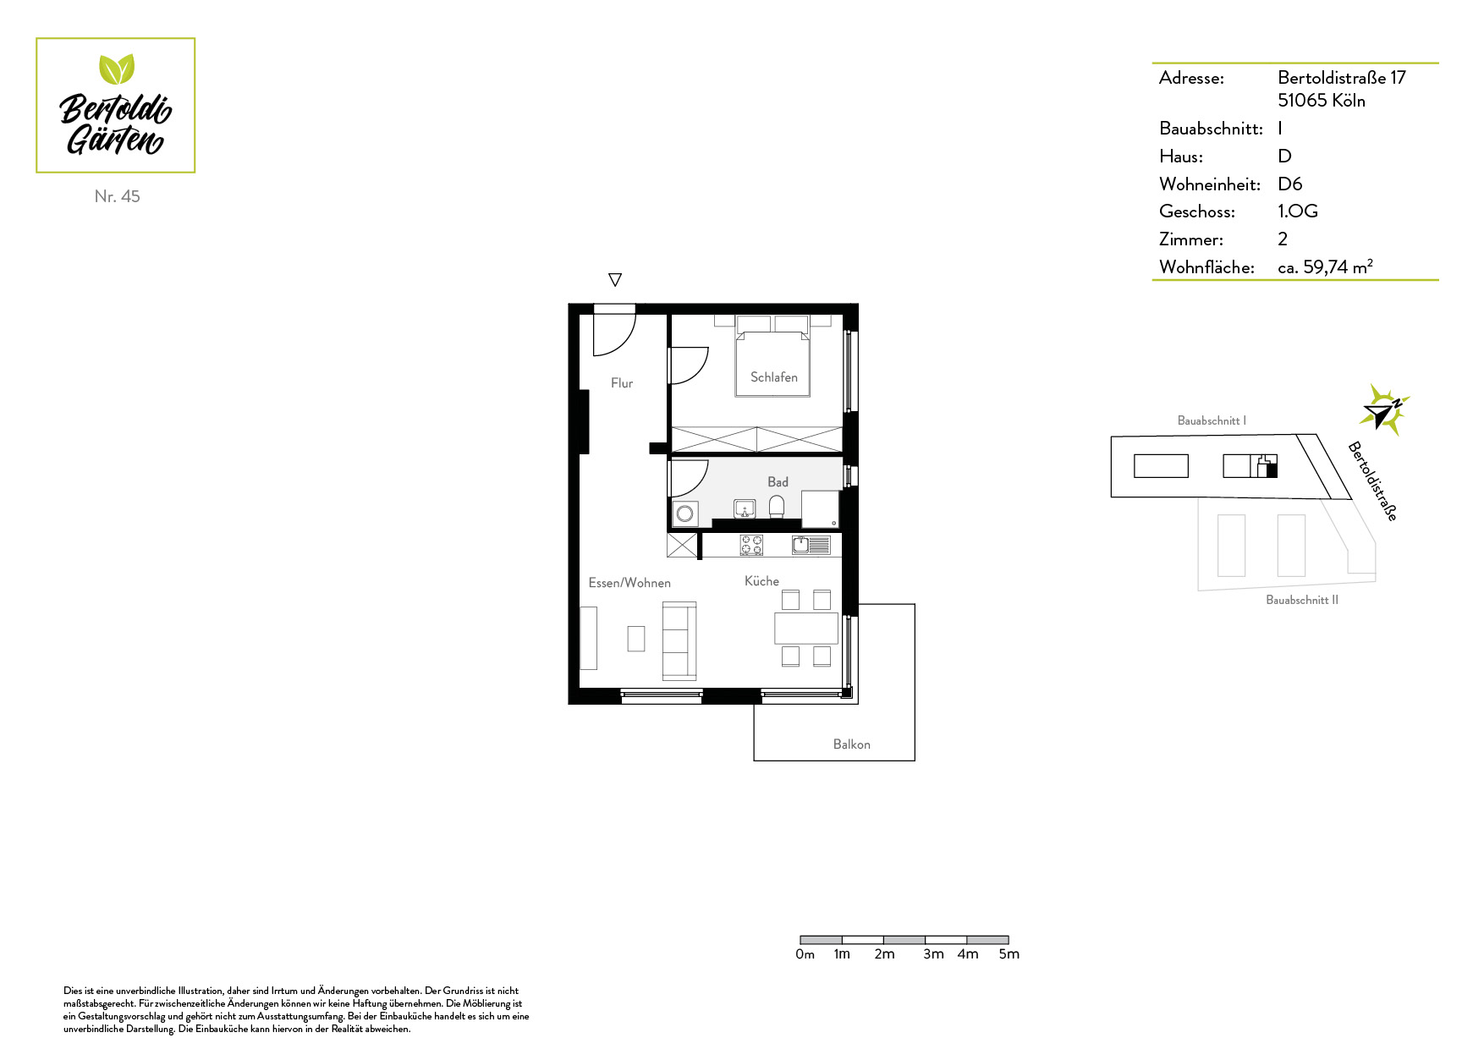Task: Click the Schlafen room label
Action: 773,377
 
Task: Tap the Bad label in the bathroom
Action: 778,481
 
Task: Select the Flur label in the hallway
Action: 622,383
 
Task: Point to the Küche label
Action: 761,580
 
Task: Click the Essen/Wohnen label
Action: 629,583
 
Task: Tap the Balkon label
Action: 851,744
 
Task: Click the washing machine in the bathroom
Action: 685,514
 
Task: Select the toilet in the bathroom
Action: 777,507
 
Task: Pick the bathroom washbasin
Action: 745,508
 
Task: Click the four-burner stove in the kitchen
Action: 751,545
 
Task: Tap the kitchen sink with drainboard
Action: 811,545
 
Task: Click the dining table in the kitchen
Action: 806,629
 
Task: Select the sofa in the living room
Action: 679,641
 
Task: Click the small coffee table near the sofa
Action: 636,638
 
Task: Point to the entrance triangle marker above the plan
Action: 615,279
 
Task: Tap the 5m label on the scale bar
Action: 1009,954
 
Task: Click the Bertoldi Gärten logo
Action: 116,106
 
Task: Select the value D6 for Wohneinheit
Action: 1289,184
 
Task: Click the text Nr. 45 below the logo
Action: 118,196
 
